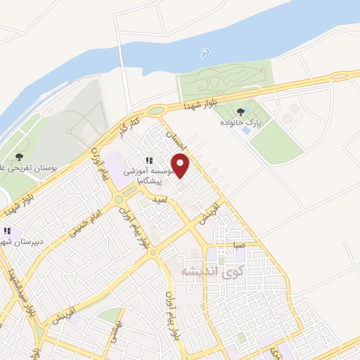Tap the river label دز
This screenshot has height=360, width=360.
(205, 51)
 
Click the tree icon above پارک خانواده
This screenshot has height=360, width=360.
(242, 110)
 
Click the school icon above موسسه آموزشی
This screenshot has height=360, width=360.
(149, 160)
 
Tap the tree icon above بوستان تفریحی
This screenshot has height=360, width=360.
(19, 156)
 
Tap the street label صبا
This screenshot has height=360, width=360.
(239, 246)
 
